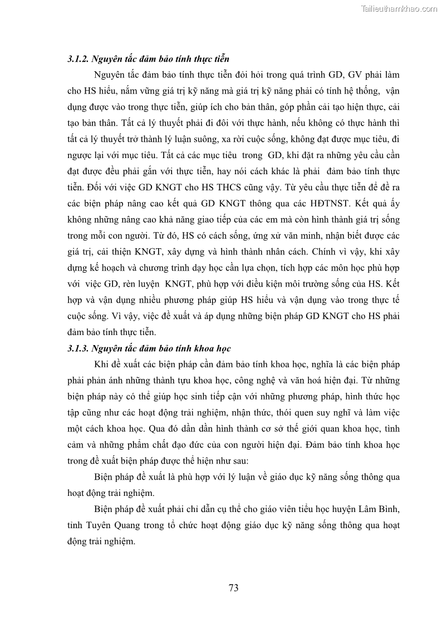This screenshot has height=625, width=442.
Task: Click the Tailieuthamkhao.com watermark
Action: coord(399,8)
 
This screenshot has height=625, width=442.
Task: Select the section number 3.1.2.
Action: coord(76,58)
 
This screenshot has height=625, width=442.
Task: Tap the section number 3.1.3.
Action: coord(76,349)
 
